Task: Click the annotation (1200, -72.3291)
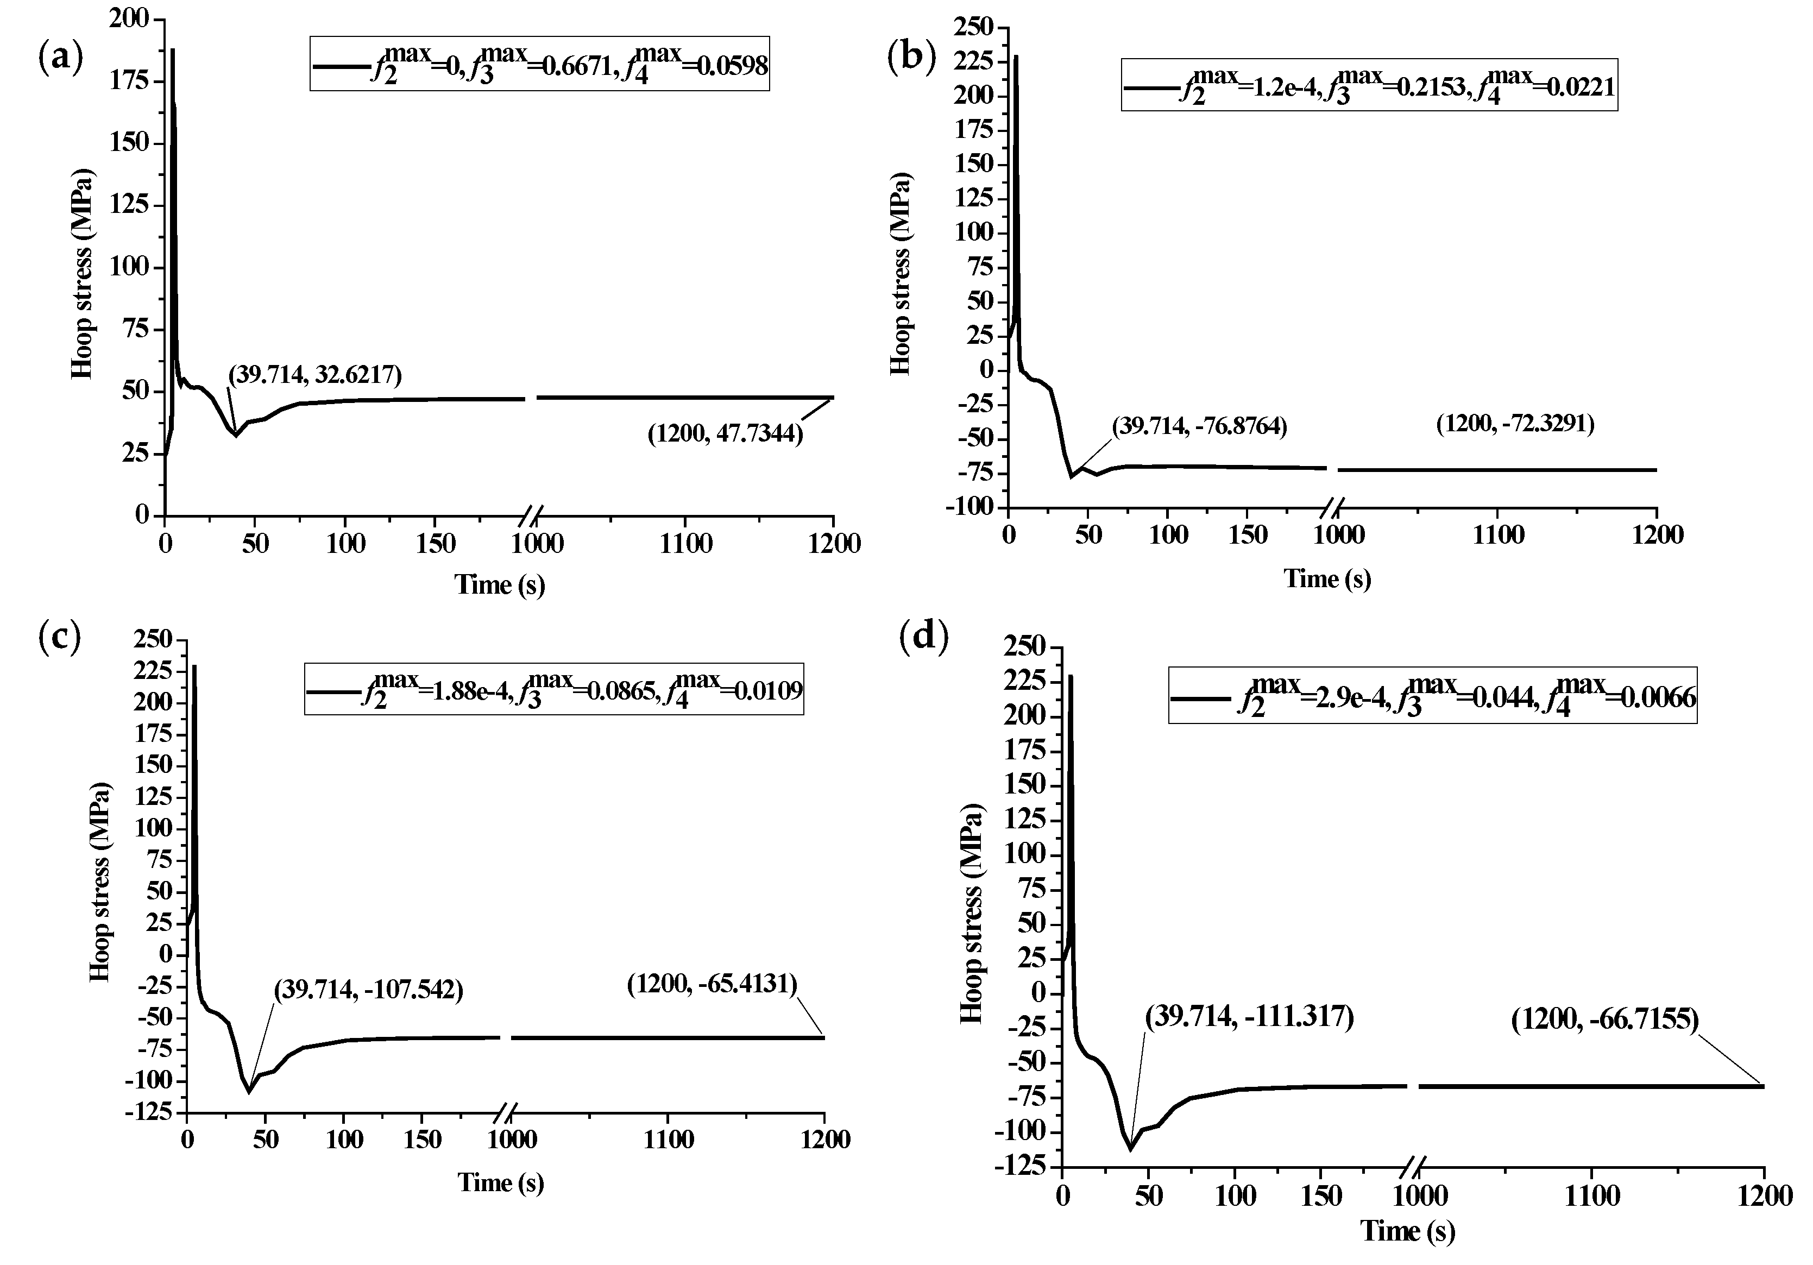click(x=1514, y=424)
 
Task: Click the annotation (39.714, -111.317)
click(x=1249, y=1016)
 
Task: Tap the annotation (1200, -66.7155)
click(x=1604, y=1019)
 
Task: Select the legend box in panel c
click(x=553, y=689)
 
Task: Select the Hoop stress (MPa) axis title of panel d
click(x=972, y=914)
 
